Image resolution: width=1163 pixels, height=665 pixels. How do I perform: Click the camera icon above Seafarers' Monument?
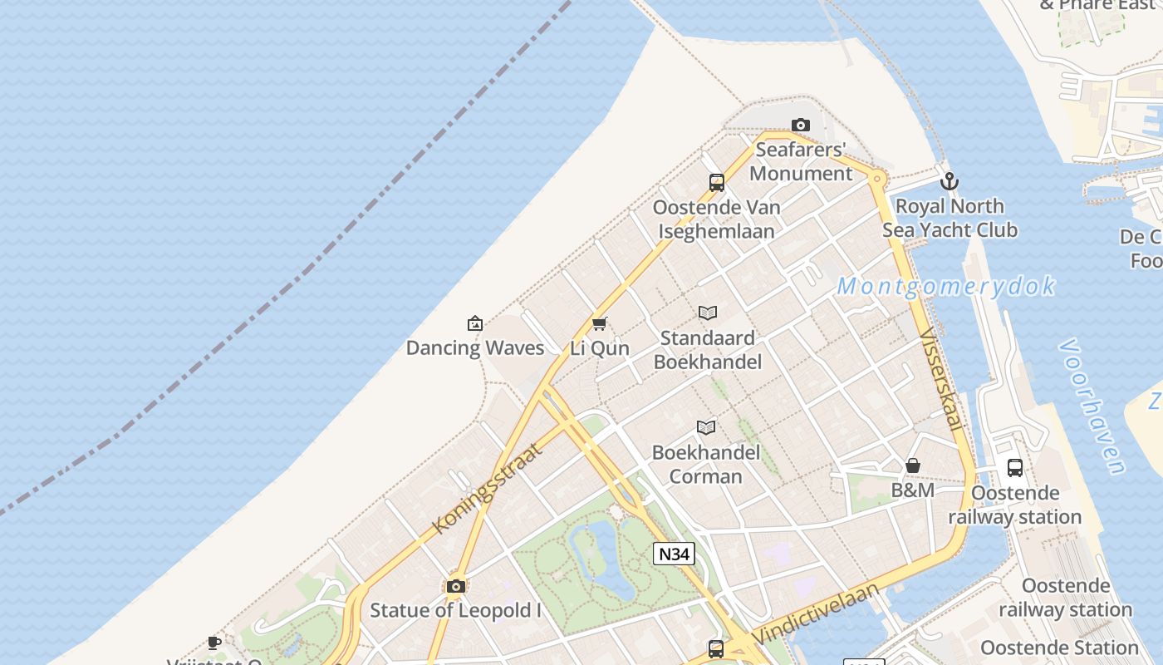800,126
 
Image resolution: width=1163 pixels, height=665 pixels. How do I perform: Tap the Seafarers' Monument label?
801,161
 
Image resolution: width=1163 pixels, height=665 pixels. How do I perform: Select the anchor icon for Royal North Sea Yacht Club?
949,181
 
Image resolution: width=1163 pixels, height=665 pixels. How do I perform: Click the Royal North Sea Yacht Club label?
950,218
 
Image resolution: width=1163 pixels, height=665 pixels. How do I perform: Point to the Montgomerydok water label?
945,287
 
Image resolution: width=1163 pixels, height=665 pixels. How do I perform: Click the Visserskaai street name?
941,379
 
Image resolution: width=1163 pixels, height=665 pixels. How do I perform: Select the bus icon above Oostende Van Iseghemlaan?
716,183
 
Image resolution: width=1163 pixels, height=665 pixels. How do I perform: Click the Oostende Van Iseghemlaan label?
716,219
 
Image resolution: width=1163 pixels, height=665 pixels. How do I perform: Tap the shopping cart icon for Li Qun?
600,323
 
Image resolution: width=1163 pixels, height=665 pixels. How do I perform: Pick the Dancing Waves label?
474,347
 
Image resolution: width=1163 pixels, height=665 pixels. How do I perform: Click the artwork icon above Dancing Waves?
475,323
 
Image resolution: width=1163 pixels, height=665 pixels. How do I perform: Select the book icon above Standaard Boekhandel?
707,313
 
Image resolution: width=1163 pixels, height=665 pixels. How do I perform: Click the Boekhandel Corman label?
705,465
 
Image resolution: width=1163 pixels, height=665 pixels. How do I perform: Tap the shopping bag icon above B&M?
912,465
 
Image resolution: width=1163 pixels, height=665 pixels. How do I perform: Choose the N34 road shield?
673,554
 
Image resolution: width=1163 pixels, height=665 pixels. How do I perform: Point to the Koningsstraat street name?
487,488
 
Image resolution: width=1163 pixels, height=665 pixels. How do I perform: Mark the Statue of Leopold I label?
455,610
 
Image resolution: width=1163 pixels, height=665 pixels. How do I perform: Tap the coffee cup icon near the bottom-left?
214,642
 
